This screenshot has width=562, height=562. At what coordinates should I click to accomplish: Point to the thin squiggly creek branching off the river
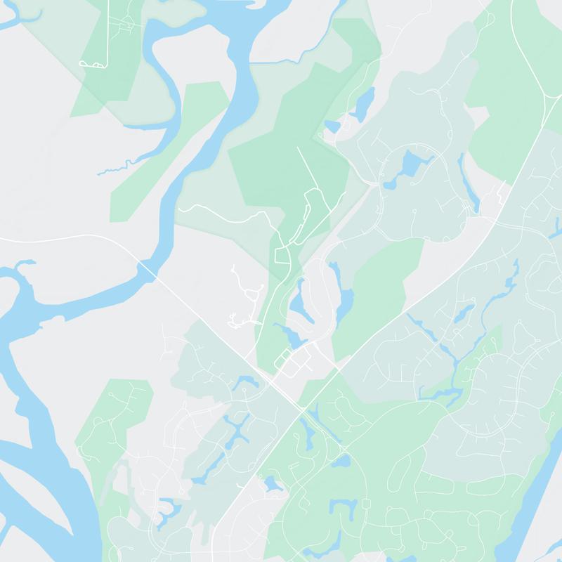(x=112, y=169)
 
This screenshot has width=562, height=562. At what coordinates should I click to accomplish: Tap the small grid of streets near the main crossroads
(x=295, y=362)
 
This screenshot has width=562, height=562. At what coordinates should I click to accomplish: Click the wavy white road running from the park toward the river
(x=225, y=211)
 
